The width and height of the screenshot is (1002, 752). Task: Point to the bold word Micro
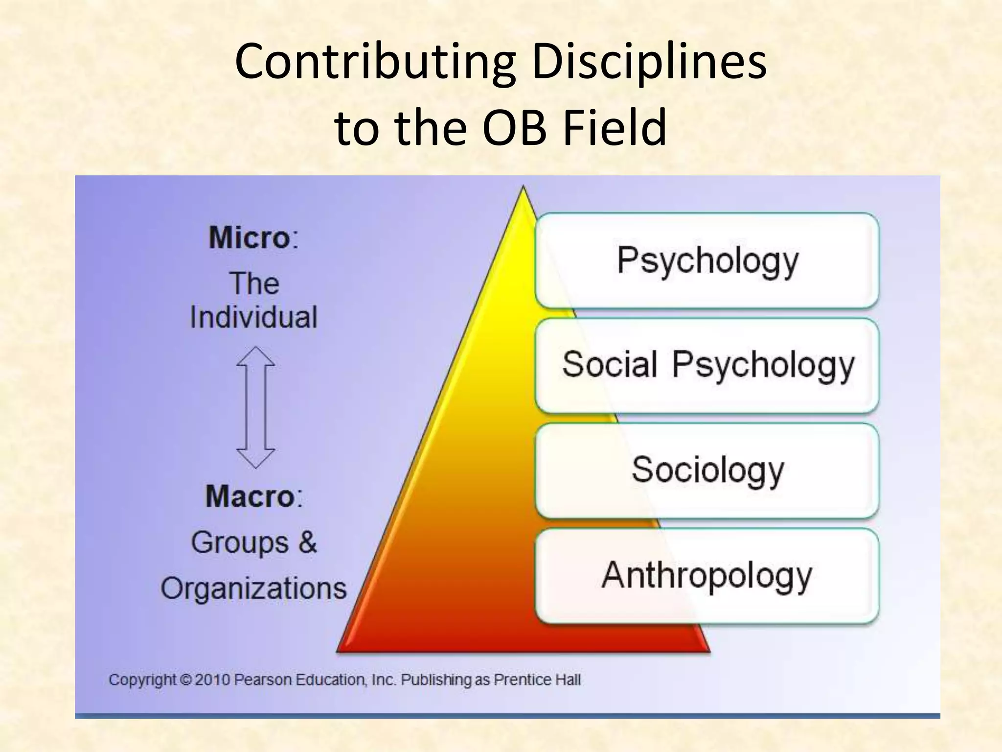250,238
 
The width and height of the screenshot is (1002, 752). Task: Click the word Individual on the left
254,317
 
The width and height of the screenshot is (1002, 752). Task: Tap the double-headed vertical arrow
255,407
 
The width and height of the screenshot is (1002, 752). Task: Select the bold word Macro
250,496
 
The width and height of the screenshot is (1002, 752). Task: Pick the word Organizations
254,588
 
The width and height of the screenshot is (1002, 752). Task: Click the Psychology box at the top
707,260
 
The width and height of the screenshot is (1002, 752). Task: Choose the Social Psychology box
707,365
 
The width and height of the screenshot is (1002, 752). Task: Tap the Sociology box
707,470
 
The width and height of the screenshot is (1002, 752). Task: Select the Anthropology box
707,575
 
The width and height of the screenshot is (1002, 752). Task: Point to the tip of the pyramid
523,188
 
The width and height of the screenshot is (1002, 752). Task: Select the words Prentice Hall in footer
537,680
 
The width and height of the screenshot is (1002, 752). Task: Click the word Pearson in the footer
258,680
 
